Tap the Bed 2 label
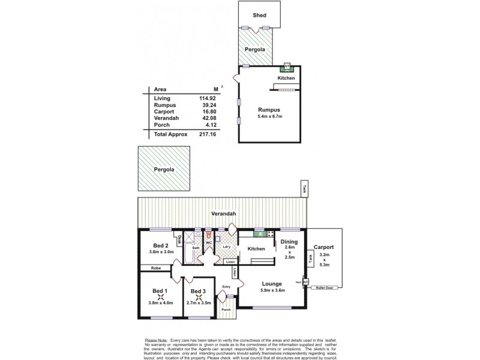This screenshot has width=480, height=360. point(160,246)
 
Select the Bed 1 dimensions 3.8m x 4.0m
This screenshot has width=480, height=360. point(160,304)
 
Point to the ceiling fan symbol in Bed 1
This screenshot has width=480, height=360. point(160,296)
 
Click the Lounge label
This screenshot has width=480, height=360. point(272,284)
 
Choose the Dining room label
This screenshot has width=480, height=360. point(289,242)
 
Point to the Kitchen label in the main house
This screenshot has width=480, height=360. point(256,248)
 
